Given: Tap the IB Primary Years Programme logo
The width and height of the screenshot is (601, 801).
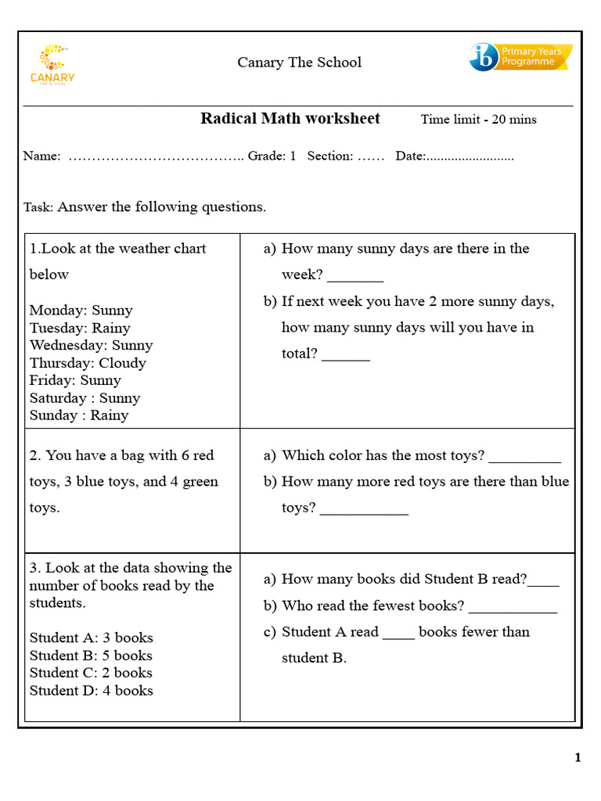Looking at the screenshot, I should [x=520, y=57].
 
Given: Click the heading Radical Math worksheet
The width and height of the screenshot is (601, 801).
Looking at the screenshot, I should [x=290, y=119].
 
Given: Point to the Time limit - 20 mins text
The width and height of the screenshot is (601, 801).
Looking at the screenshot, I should [x=478, y=120].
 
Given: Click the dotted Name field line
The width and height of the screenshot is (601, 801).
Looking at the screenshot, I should [x=156, y=156].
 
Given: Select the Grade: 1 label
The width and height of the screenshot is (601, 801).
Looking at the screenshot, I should [x=272, y=156].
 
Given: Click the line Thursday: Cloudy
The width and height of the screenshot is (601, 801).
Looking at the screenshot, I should [x=88, y=363].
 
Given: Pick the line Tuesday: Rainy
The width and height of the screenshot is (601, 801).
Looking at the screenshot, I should [x=80, y=328].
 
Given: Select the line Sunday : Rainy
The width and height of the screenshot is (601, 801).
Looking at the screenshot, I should [x=79, y=415].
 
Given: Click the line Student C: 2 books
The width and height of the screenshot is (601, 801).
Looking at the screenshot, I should [x=91, y=673].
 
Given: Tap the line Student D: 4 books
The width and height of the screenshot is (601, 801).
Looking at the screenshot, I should [x=91, y=691].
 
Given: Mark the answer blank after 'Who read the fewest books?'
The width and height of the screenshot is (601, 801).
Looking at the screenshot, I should [x=513, y=608].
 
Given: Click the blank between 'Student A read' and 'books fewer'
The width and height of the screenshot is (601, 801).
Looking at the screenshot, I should [x=398, y=634].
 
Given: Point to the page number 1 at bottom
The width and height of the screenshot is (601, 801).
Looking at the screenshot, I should [x=578, y=757].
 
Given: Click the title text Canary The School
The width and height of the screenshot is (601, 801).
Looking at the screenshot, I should [x=300, y=63].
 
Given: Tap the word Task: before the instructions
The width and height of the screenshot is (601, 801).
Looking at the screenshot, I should [x=38, y=208].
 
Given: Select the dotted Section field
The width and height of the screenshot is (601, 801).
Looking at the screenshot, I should [x=371, y=156].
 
